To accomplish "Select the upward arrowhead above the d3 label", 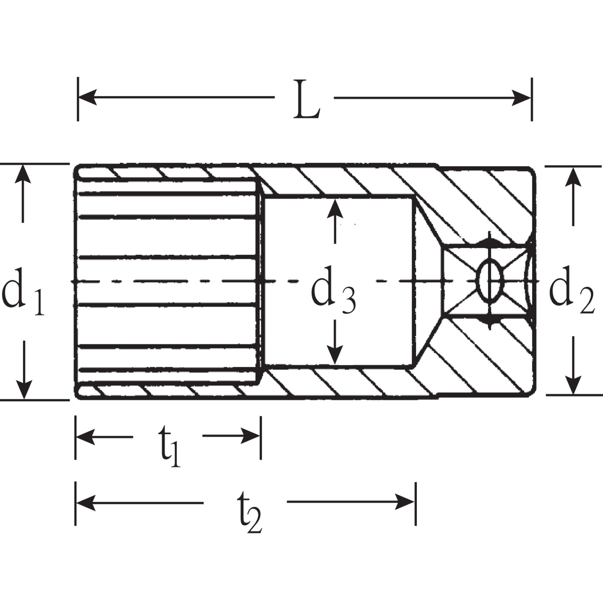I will (x=335, y=209).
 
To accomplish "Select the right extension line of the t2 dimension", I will (x=416, y=503).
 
